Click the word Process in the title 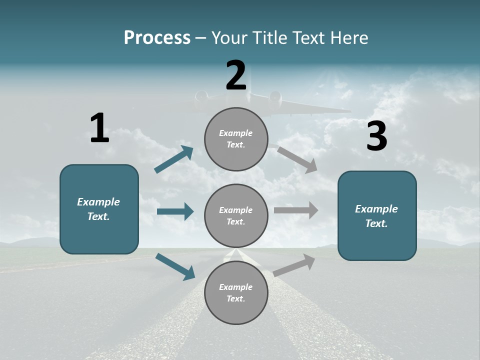click(157, 38)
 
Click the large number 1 click(99, 128)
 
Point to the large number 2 click(236, 75)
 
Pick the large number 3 click(376, 136)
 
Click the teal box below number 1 click(99, 209)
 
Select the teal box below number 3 click(377, 215)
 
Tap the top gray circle click(236, 139)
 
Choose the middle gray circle click(236, 216)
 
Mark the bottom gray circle click(236, 293)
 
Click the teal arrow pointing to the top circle click(174, 159)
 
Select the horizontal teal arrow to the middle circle click(175, 211)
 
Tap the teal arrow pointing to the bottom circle click(175, 266)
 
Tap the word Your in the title click(227, 38)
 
